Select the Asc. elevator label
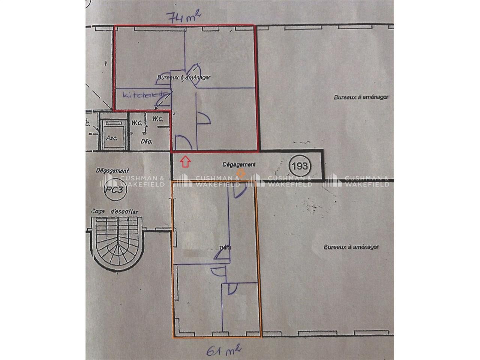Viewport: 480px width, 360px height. point(111,138)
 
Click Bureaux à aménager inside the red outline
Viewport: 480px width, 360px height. point(183,77)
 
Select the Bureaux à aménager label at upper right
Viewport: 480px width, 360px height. point(360,97)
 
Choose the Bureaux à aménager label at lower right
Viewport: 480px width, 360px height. point(351,247)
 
